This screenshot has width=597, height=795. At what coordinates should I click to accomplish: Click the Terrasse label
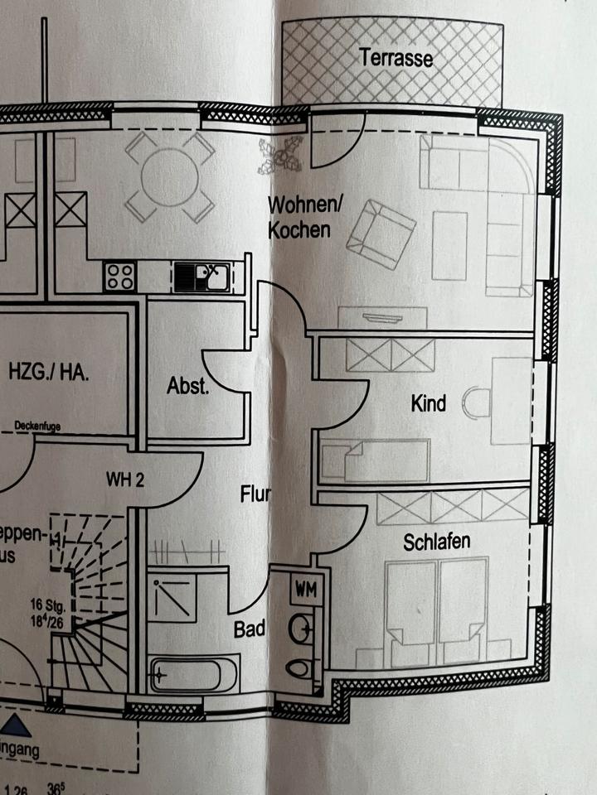[396, 59]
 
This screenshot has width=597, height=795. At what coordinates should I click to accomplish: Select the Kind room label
[429, 403]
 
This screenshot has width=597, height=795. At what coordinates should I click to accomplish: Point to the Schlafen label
[437, 542]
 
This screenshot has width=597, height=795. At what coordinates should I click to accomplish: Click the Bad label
[249, 629]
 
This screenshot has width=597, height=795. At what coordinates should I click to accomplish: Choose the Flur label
[255, 495]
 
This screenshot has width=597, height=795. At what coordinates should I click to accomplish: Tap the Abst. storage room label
[188, 386]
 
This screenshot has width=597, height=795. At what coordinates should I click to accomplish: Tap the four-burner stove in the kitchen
[120, 275]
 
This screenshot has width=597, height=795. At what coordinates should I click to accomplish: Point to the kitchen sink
[203, 275]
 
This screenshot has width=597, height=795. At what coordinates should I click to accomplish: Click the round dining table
[170, 176]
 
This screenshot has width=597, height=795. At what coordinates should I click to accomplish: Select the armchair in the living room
[381, 235]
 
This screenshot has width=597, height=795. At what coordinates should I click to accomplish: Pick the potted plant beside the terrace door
[279, 155]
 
